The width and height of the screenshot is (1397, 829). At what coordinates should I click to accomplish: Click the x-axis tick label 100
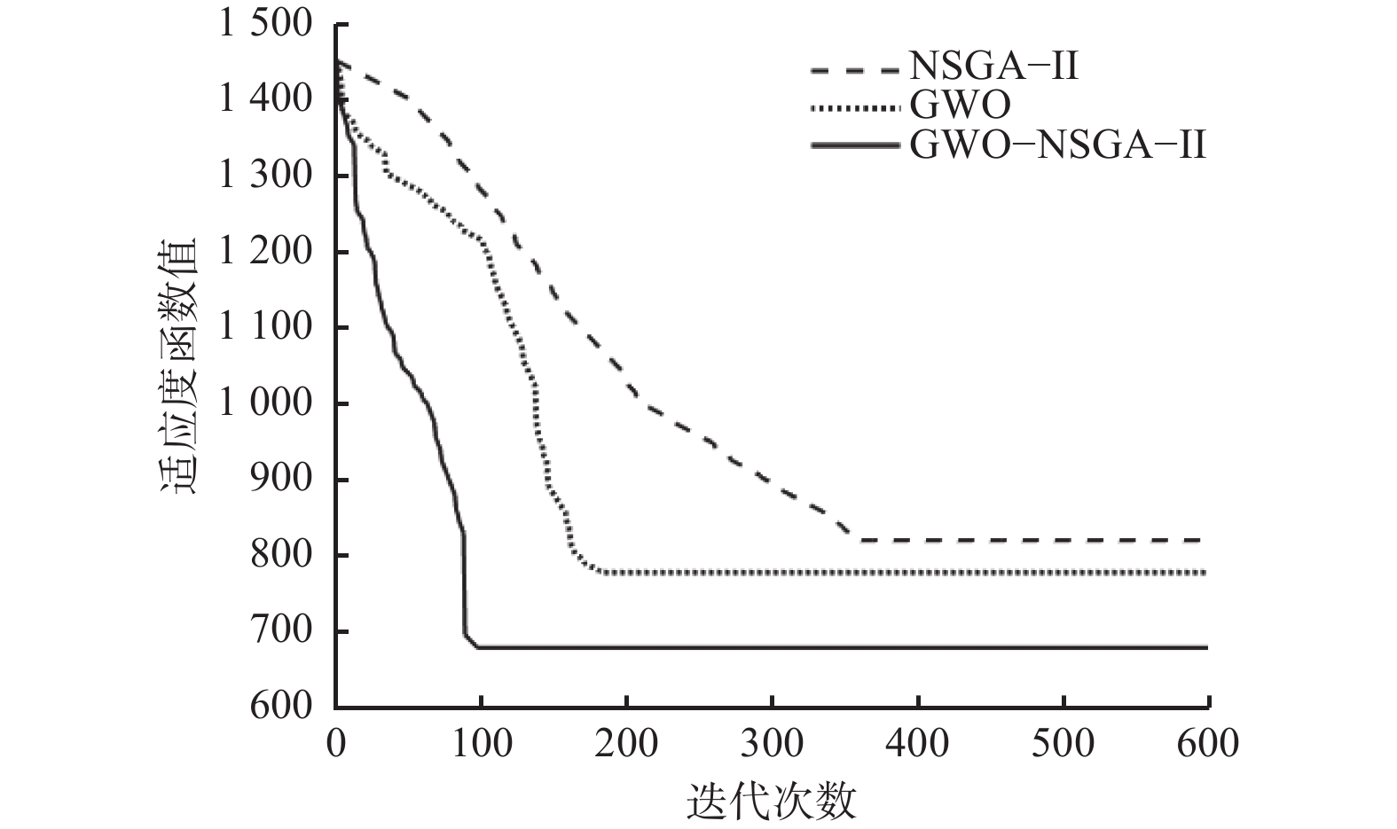481,743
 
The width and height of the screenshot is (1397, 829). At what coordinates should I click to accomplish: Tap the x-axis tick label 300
773,743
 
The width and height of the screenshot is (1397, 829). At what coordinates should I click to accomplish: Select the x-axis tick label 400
918,743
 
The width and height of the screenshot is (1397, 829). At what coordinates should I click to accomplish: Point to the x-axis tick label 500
1063,743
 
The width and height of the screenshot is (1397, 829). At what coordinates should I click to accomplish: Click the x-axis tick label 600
1209,743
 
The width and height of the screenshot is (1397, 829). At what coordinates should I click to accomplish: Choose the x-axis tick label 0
336,743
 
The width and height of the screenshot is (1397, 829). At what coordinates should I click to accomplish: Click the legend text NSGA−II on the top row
993,66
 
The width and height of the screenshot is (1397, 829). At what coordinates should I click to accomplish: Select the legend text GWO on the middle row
959,106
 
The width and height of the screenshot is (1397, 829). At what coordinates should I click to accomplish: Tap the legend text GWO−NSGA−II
1057,144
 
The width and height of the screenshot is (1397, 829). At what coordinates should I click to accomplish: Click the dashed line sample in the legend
854,68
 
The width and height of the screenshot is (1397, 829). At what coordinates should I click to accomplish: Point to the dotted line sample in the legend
854,107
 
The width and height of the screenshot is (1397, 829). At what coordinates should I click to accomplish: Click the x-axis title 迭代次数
772,803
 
